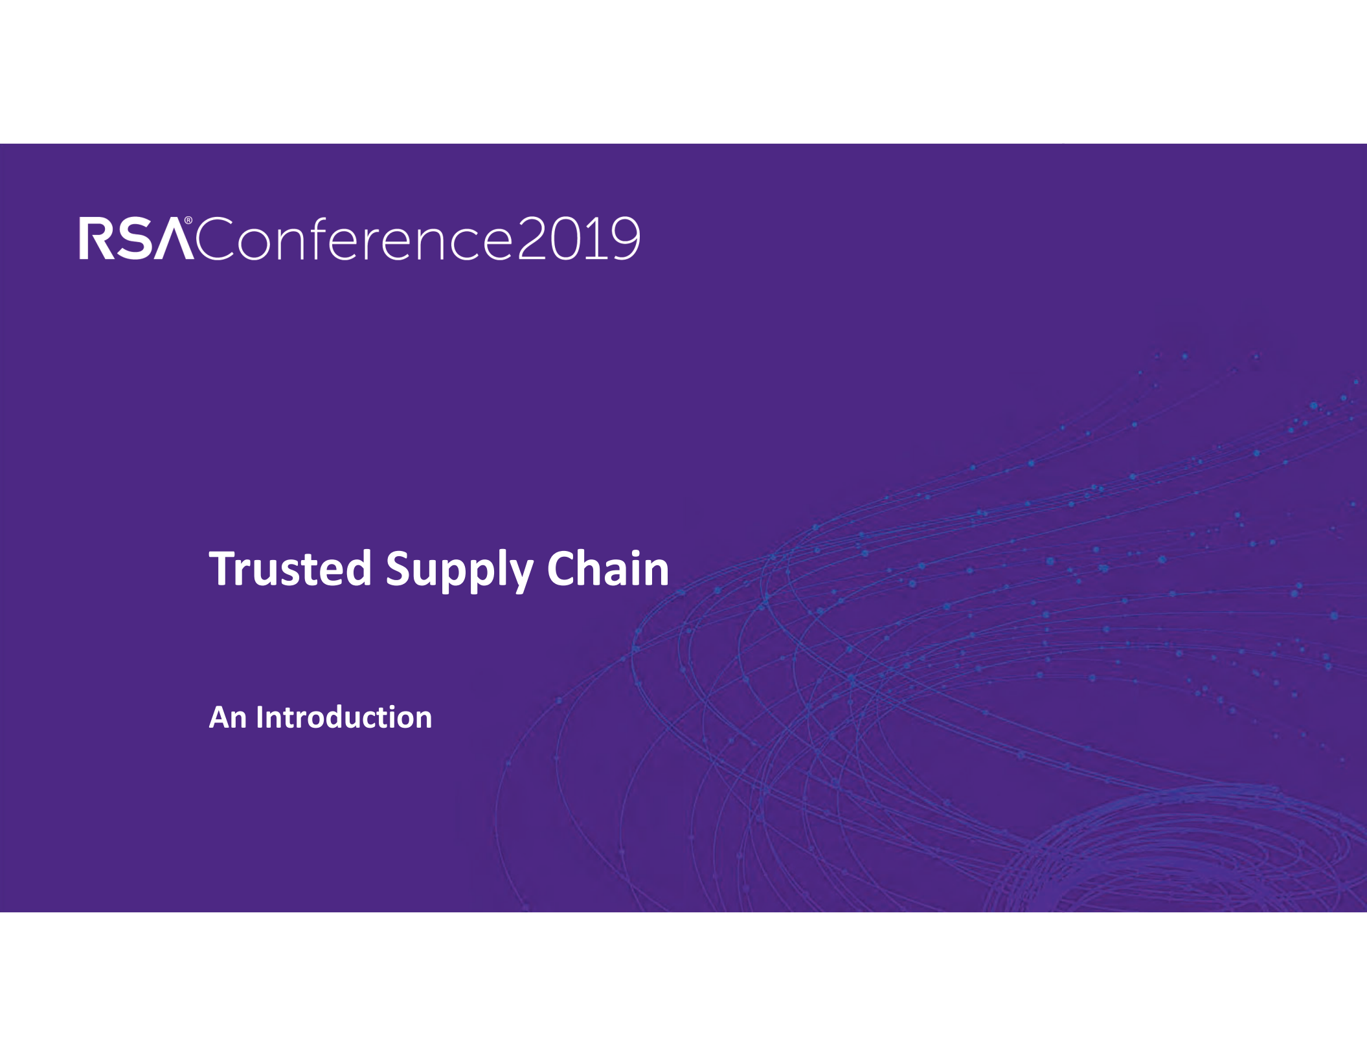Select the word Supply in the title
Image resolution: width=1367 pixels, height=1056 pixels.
(x=459, y=570)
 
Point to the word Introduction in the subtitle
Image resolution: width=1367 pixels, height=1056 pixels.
(x=344, y=717)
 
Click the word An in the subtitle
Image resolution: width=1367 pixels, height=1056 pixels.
(x=227, y=717)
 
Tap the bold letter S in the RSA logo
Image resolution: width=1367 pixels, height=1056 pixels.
(x=135, y=238)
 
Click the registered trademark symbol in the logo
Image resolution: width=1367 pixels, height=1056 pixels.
(x=188, y=221)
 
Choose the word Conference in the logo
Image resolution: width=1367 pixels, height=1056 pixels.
(x=354, y=238)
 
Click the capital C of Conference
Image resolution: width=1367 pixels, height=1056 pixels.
(x=214, y=239)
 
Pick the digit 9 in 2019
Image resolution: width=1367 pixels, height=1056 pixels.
(x=624, y=238)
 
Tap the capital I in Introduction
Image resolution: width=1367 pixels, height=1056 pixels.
(x=260, y=717)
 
